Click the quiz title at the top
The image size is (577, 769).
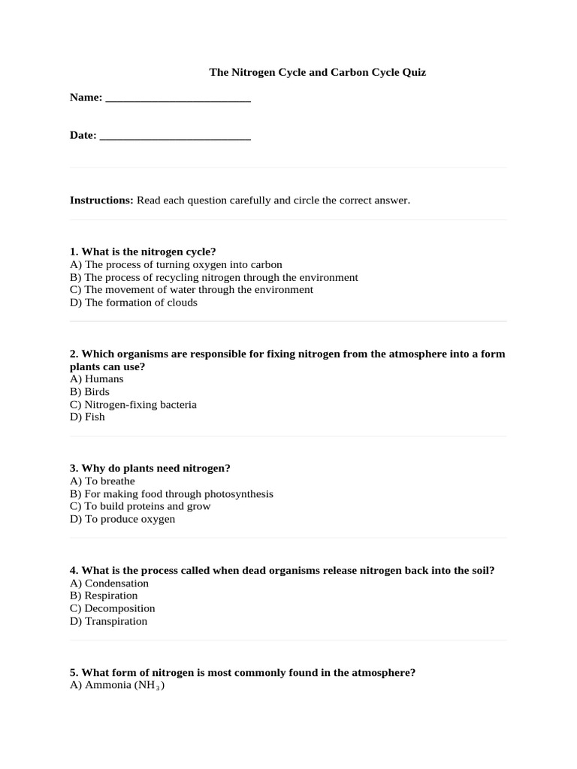pos(317,73)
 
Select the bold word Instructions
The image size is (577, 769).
pos(101,201)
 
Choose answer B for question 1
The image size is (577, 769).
pos(214,277)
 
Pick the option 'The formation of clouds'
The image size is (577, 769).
pos(134,303)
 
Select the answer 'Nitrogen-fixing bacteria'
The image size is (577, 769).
pos(133,405)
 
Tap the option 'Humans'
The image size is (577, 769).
pos(97,379)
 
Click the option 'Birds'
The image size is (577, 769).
pos(89,392)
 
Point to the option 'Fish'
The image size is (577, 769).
pos(87,418)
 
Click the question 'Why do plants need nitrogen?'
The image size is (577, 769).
pos(150,468)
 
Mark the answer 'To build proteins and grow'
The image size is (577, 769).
pos(140,506)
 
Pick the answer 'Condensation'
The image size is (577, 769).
pos(109,584)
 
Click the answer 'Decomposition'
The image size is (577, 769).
pos(113,608)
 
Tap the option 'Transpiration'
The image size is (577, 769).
pos(109,621)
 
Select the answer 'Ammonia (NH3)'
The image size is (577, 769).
pos(117,686)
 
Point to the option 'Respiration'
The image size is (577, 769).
pos(104,596)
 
